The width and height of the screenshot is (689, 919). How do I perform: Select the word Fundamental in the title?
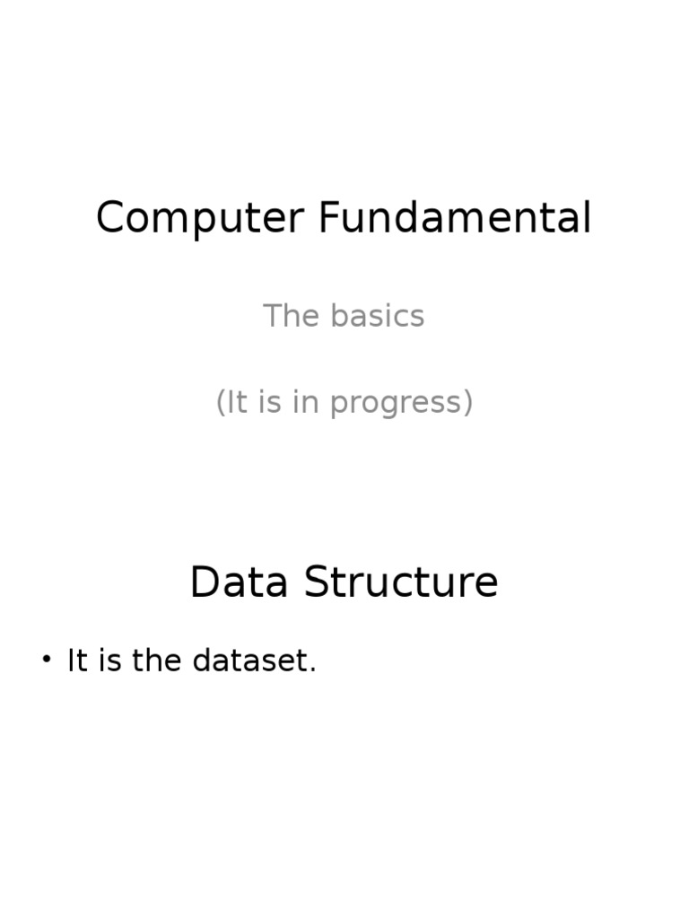click(455, 219)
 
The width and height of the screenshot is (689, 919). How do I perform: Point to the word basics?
click(377, 316)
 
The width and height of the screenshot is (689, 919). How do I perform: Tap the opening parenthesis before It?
click(220, 403)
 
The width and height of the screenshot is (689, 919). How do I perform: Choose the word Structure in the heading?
click(401, 582)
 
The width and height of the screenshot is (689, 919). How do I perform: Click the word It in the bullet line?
click(77, 661)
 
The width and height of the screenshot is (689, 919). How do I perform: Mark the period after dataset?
click(313, 670)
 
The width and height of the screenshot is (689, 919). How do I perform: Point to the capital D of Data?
click(205, 582)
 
